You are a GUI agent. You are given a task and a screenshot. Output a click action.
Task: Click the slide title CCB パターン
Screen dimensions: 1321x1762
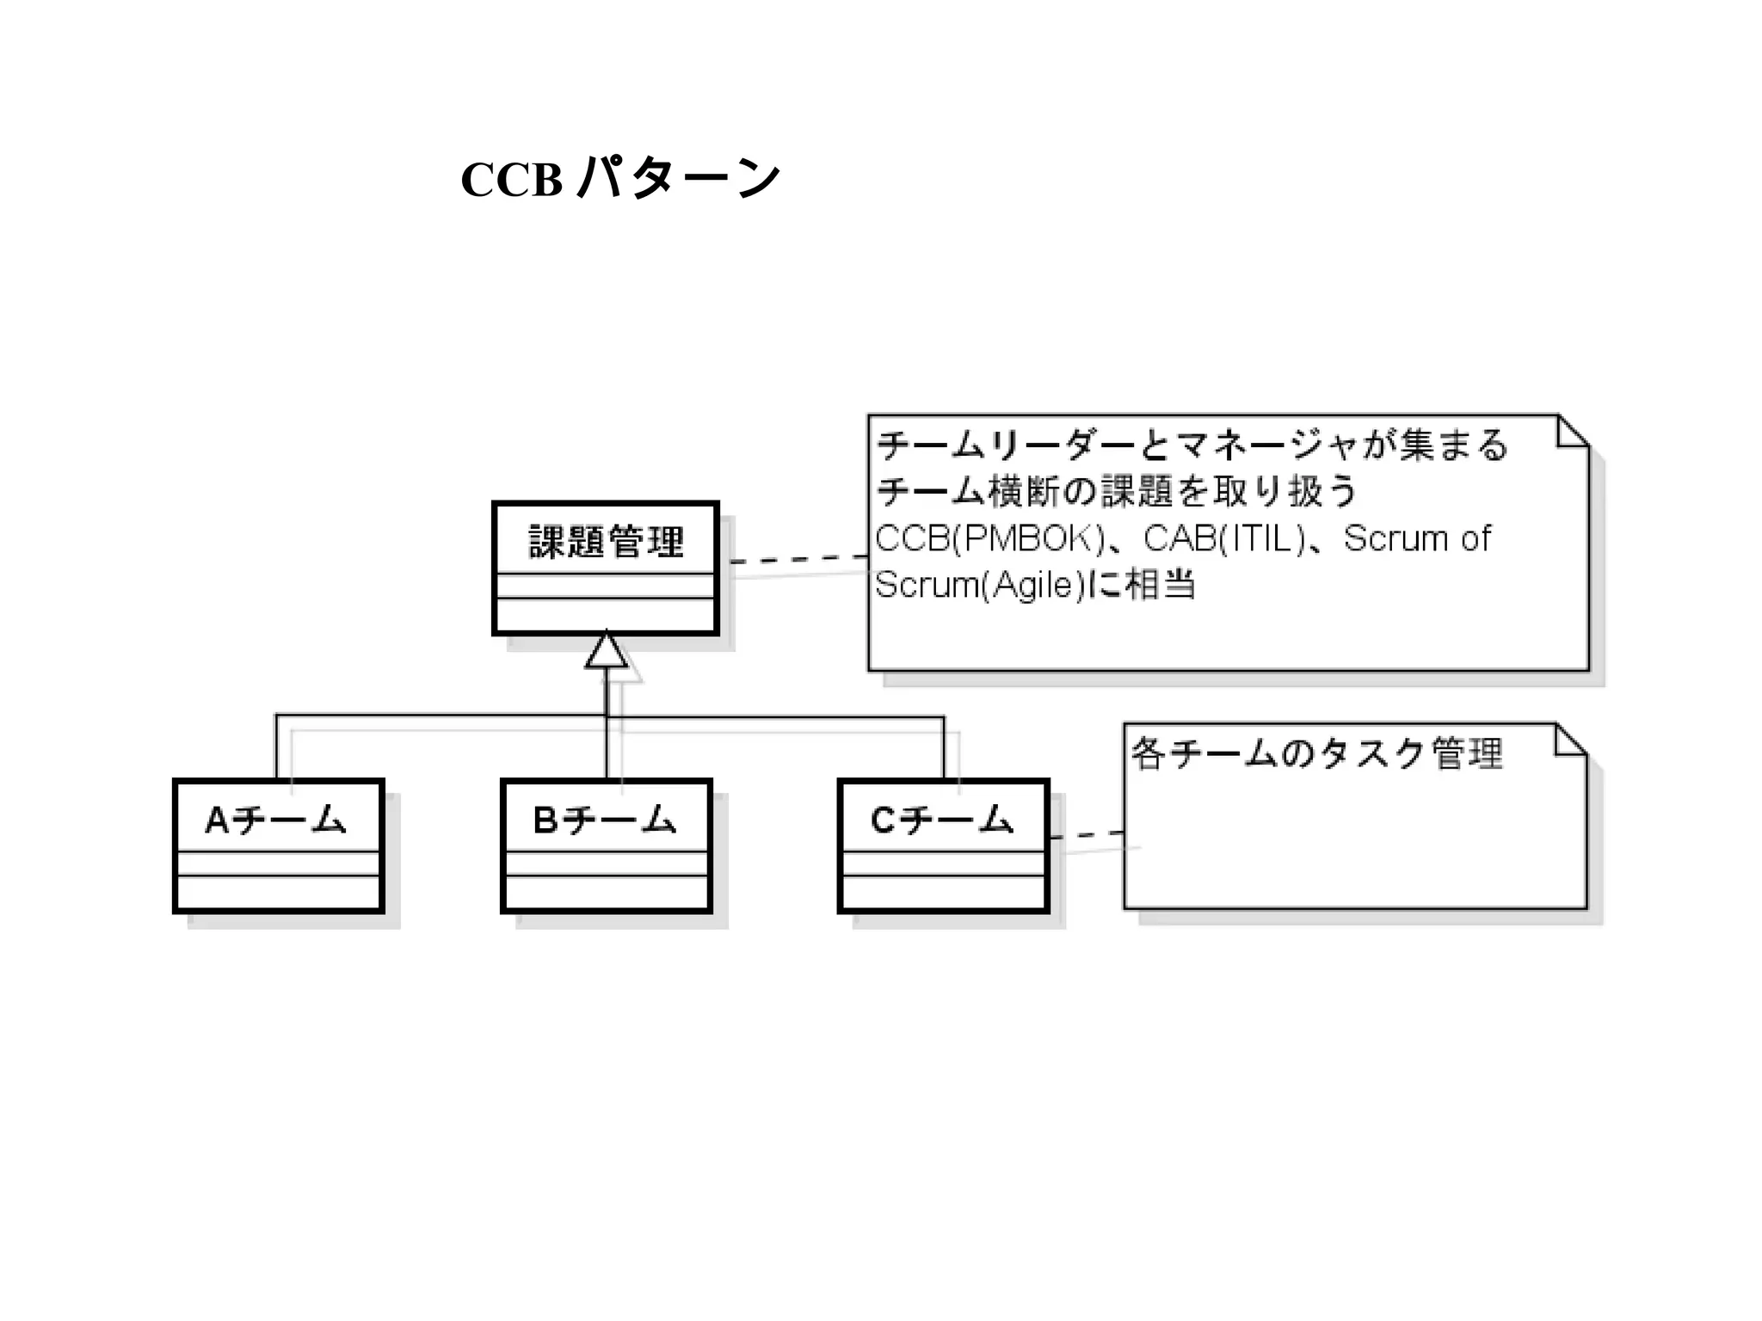pyautogui.click(x=620, y=179)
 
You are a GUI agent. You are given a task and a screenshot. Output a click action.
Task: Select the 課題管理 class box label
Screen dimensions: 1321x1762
pyautogui.click(x=606, y=542)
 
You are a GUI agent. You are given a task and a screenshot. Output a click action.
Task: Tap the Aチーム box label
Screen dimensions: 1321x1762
pyautogui.click(x=276, y=820)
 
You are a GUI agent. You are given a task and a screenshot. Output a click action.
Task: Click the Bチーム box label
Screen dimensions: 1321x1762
pyautogui.click(x=605, y=820)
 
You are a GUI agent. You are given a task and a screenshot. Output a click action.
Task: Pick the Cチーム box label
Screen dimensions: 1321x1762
pyautogui.click(x=942, y=820)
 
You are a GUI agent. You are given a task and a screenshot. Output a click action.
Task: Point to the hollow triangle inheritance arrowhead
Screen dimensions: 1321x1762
pyautogui.click(x=607, y=651)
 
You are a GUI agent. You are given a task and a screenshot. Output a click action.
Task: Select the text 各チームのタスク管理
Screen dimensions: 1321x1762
pyautogui.click(x=1317, y=754)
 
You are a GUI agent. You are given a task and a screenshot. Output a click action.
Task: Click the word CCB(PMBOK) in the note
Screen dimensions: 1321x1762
pyautogui.click(x=989, y=539)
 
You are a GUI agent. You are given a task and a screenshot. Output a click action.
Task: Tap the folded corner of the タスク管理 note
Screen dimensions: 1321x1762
pyautogui.click(x=1571, y=740)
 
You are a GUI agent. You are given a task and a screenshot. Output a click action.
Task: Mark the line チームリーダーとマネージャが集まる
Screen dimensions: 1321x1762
pyautogui.click(x=1192, y=445)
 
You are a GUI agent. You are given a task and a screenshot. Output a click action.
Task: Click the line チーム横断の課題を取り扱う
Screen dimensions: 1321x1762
pyautogui.click(x=1116, y=492)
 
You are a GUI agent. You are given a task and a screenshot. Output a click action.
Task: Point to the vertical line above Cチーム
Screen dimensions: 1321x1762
pyautogui.click(x=944, y=748)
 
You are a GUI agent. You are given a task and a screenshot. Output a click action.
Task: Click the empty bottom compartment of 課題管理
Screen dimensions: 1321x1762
pyautogui.click(x=606, y=615)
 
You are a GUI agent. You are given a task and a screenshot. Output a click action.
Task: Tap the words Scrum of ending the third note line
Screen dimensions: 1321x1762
pyautogui.click(x=1417, y=539)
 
